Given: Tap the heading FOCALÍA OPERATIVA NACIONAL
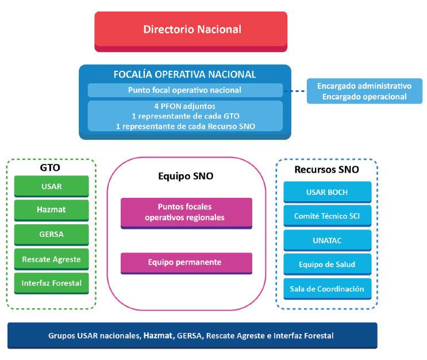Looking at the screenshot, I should tap(184, 74).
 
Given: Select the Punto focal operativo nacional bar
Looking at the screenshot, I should tap(184, 90).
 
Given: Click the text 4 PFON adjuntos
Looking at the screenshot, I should tap(184, 107).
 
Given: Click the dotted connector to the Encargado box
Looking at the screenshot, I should tap(295, 91).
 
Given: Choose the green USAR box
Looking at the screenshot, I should tap(51, 186).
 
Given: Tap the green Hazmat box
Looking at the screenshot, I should tap(51, 210).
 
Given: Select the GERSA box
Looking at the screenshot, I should tap(51, 235).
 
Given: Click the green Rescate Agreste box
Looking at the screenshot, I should tap(51, 259).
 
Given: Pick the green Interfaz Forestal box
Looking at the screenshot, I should tap(51, 284).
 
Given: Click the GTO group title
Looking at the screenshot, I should tap(51, 168).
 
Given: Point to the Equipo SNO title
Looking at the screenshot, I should tap(186, 177).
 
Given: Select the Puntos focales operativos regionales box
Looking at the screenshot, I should tap(186, 212).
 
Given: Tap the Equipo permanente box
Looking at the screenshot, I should tap(186, 262).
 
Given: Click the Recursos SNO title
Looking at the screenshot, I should tap(326, 170).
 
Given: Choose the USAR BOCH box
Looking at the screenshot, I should tap(327, 192).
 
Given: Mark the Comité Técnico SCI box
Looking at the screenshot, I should tap(327, 216).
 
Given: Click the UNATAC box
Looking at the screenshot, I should tap(327, 240).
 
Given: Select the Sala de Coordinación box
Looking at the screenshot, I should tap(327, 289).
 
